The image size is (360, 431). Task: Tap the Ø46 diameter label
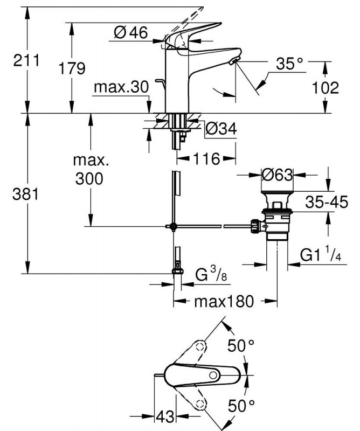(x=131, y=33)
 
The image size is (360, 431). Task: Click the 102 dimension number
(x=327, y=88)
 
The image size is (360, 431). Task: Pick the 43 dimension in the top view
(x=165, y=416)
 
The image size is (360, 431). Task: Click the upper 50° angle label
(x=240, y=346)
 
